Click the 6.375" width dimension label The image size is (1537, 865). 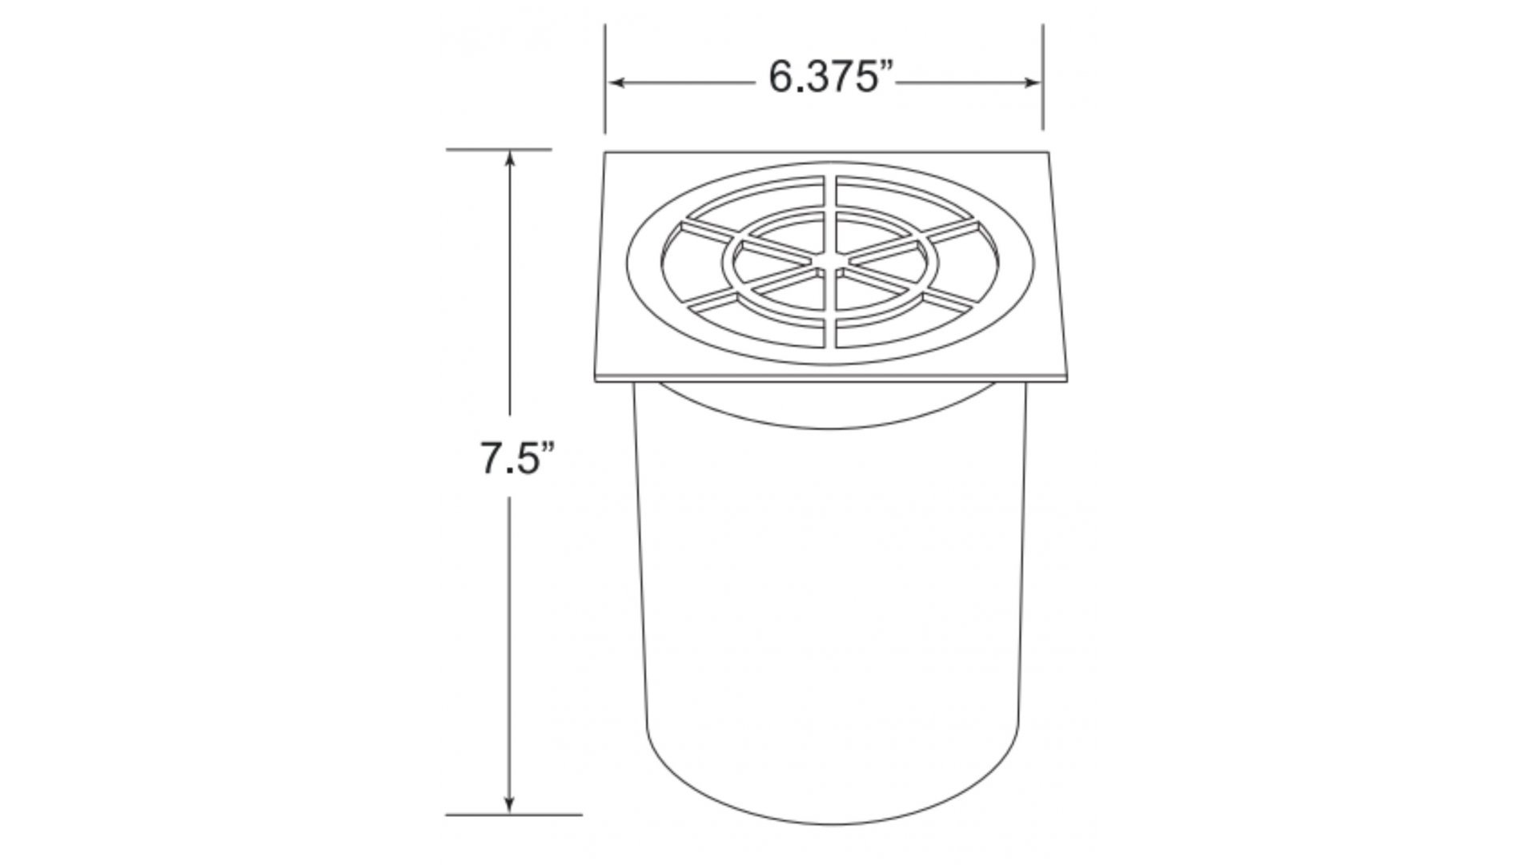tap(830, 78)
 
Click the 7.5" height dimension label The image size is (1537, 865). tap(517, 458)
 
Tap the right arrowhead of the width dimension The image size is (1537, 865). tap(1031, 82)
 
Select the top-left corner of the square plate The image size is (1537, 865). tap(605, 152)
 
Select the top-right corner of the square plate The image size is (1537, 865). tap(1048, 151)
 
